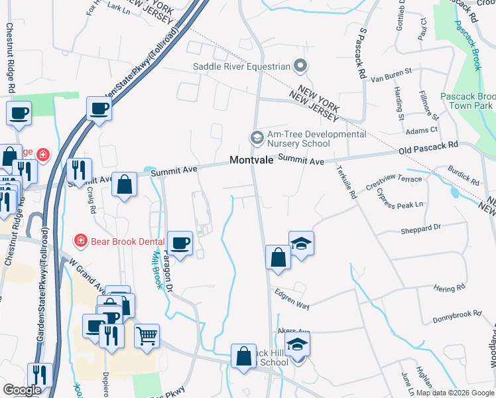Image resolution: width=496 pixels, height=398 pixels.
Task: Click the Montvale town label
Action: tap(251, 160)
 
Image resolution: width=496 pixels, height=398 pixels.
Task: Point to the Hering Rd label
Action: tap(449, 289)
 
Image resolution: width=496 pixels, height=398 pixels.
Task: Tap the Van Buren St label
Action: tap(391, 78)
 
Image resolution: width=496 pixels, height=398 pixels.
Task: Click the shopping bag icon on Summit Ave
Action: tap(124, 185)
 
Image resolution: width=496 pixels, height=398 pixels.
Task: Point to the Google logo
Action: tap(23, 389)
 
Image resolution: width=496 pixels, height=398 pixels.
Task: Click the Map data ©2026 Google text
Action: tap(454, 391)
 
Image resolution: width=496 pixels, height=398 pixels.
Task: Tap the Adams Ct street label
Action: tap(422, 131)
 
